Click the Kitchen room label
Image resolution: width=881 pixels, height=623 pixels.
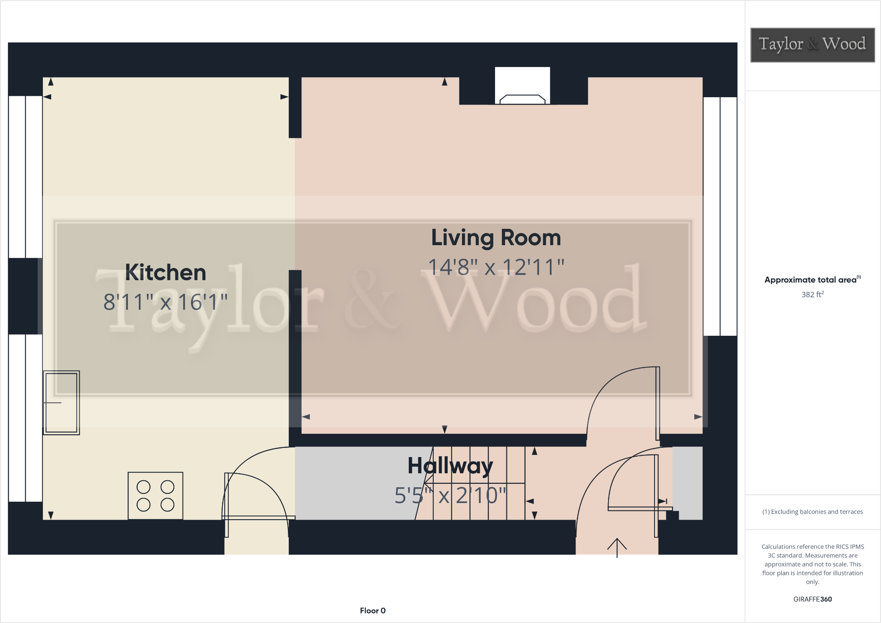[x=166, y=272]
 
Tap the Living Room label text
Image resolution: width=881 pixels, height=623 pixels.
[x=496, y=238]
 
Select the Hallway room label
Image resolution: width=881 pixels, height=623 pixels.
[x=450, y=465]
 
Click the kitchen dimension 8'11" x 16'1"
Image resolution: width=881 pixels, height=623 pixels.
[x=166, y=302]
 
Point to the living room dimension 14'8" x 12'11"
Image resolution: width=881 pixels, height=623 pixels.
[x=496, y=267]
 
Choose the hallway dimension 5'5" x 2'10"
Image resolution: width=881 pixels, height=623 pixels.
[x=450, y=496]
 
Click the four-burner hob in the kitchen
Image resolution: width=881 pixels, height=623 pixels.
[x=156, y=496]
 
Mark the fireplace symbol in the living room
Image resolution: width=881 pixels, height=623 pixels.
[x=522, y=99]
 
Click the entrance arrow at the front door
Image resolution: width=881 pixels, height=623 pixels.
[x=617, y=547]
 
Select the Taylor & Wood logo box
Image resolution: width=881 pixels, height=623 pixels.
[x=812, y=45]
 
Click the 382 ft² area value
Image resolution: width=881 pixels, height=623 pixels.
[x=812, y=295]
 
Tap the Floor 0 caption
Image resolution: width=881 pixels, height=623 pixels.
[x=372, y=611]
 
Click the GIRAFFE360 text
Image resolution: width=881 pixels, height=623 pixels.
[x=812, y=599]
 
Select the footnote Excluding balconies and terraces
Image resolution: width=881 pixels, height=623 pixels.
[x=812, y=512]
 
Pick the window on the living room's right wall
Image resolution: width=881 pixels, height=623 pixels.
[x=720, y=216]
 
